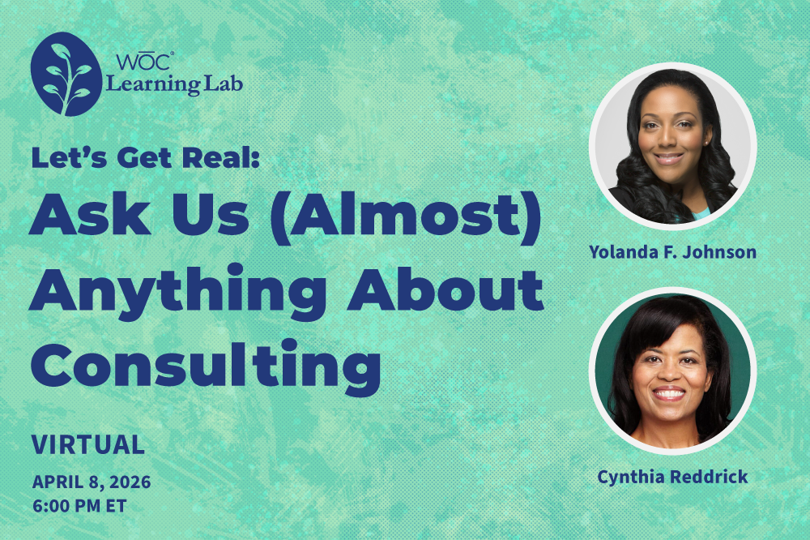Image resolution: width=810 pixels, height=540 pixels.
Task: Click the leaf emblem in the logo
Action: tap(66, 74)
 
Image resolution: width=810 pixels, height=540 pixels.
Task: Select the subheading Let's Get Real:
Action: tap(145, 157)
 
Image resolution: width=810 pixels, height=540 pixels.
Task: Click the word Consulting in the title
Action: tap(206, 366)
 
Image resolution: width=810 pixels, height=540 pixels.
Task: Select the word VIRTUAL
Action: tap(88, 444)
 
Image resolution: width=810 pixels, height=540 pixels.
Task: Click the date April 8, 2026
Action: tap(92, 482)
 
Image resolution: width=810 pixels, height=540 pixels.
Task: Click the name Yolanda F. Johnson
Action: tap(672, 252)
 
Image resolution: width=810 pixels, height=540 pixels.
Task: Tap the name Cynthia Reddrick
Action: tap(672, 477)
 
